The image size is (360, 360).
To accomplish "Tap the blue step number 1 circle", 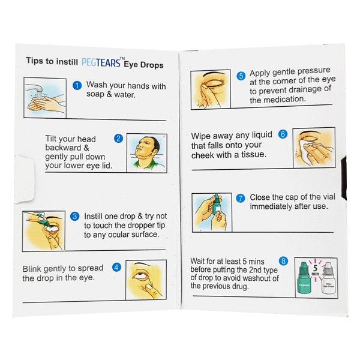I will (x=76, y=86).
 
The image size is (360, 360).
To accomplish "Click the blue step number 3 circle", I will (x=75, y=216).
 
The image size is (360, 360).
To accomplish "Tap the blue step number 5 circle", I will (x=241, y=76).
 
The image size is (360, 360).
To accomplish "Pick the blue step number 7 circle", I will (x=241, y=197).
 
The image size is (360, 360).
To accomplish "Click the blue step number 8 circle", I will (x=283, y=261).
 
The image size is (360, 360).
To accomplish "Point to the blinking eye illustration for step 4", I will (x=146, y=281).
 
